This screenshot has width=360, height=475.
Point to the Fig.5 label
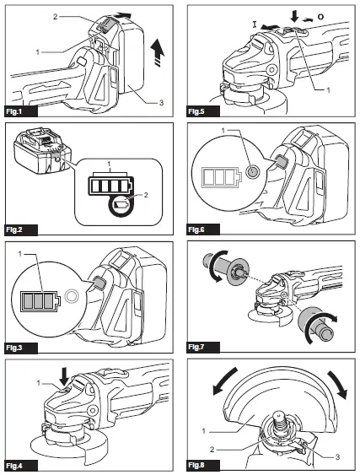tap(196, 111)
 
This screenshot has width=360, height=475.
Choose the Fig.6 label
tap(196, 229)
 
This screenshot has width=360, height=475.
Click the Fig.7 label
tap(196, 347)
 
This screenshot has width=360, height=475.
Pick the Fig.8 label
tap(196, 465)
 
